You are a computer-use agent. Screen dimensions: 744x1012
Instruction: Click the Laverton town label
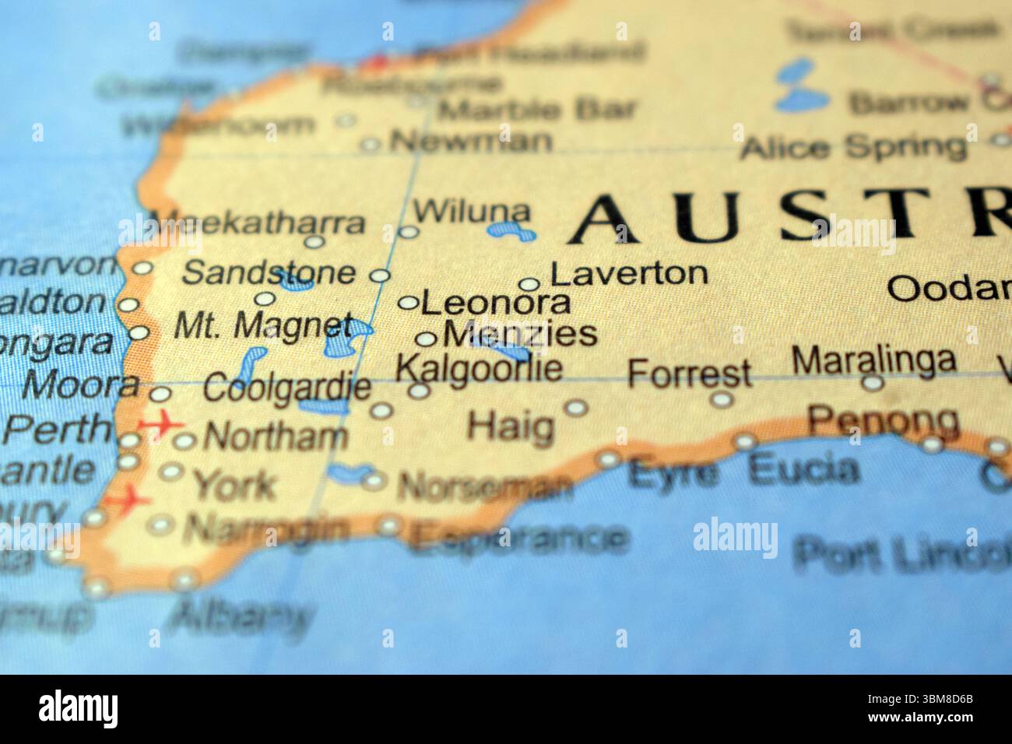tap(629, 273)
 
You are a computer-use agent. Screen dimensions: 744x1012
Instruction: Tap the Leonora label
tap(496, 303)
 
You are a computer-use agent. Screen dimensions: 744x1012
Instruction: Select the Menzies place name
tap(520, 335)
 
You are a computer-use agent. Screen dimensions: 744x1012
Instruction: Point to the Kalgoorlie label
tap(479, 368)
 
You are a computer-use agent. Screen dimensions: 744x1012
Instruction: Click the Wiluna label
tap(472, 211)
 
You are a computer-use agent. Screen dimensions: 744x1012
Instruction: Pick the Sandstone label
tap(268, 273)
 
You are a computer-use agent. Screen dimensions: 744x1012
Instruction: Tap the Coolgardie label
tap(286, 388)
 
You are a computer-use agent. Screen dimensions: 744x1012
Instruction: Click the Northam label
tap(275, 437)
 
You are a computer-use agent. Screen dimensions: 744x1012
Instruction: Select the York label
tap(234, 485)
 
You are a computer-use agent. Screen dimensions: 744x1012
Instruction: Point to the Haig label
tap(511, 426)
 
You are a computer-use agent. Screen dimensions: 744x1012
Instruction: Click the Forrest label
tap(689, 374)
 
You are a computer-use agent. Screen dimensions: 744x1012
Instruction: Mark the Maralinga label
tap(873, 360)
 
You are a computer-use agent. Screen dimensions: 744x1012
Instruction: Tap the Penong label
tap(883, 421)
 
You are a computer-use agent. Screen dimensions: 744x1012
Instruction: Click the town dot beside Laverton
tap(529, 285)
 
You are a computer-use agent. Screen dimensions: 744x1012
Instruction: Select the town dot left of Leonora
tap(408, 303)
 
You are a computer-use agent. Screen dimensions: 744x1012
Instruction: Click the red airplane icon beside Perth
tap(160, 425)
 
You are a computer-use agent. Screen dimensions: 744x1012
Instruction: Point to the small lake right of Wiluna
tap(511, 230)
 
